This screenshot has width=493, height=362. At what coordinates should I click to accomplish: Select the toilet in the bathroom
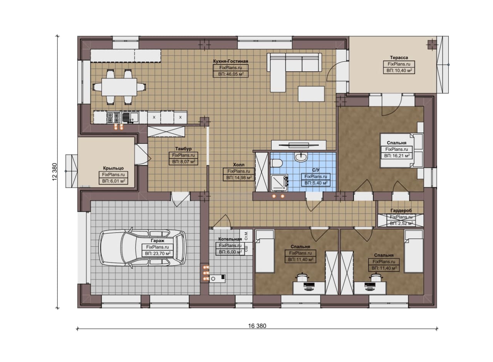point(277,163)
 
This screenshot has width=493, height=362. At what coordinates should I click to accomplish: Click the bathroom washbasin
point(301,157)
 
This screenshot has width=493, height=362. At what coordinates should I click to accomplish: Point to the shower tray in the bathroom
point(279,183)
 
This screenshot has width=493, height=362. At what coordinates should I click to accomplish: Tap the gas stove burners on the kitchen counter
point(114,118)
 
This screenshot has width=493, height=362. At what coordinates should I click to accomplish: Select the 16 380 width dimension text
point(257,326)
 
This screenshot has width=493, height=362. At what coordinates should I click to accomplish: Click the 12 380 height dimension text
point(55,172)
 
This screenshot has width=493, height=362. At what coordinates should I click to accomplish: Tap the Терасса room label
point(399,57)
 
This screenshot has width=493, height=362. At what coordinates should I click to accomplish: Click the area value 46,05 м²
point(231,74)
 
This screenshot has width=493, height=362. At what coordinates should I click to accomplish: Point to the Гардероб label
point(401,210)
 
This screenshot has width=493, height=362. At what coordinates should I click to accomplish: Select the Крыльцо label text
point(113,168)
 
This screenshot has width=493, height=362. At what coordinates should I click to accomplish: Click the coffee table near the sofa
point(311,94)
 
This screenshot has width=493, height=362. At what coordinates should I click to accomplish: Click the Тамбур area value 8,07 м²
point(183,162)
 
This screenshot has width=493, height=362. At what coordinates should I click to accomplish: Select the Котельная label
point(230,239)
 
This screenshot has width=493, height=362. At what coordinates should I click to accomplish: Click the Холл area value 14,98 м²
point(239,177)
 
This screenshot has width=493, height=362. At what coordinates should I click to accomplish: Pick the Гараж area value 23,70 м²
point(158,253)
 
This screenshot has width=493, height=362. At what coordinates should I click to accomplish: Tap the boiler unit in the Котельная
point(217,278)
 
